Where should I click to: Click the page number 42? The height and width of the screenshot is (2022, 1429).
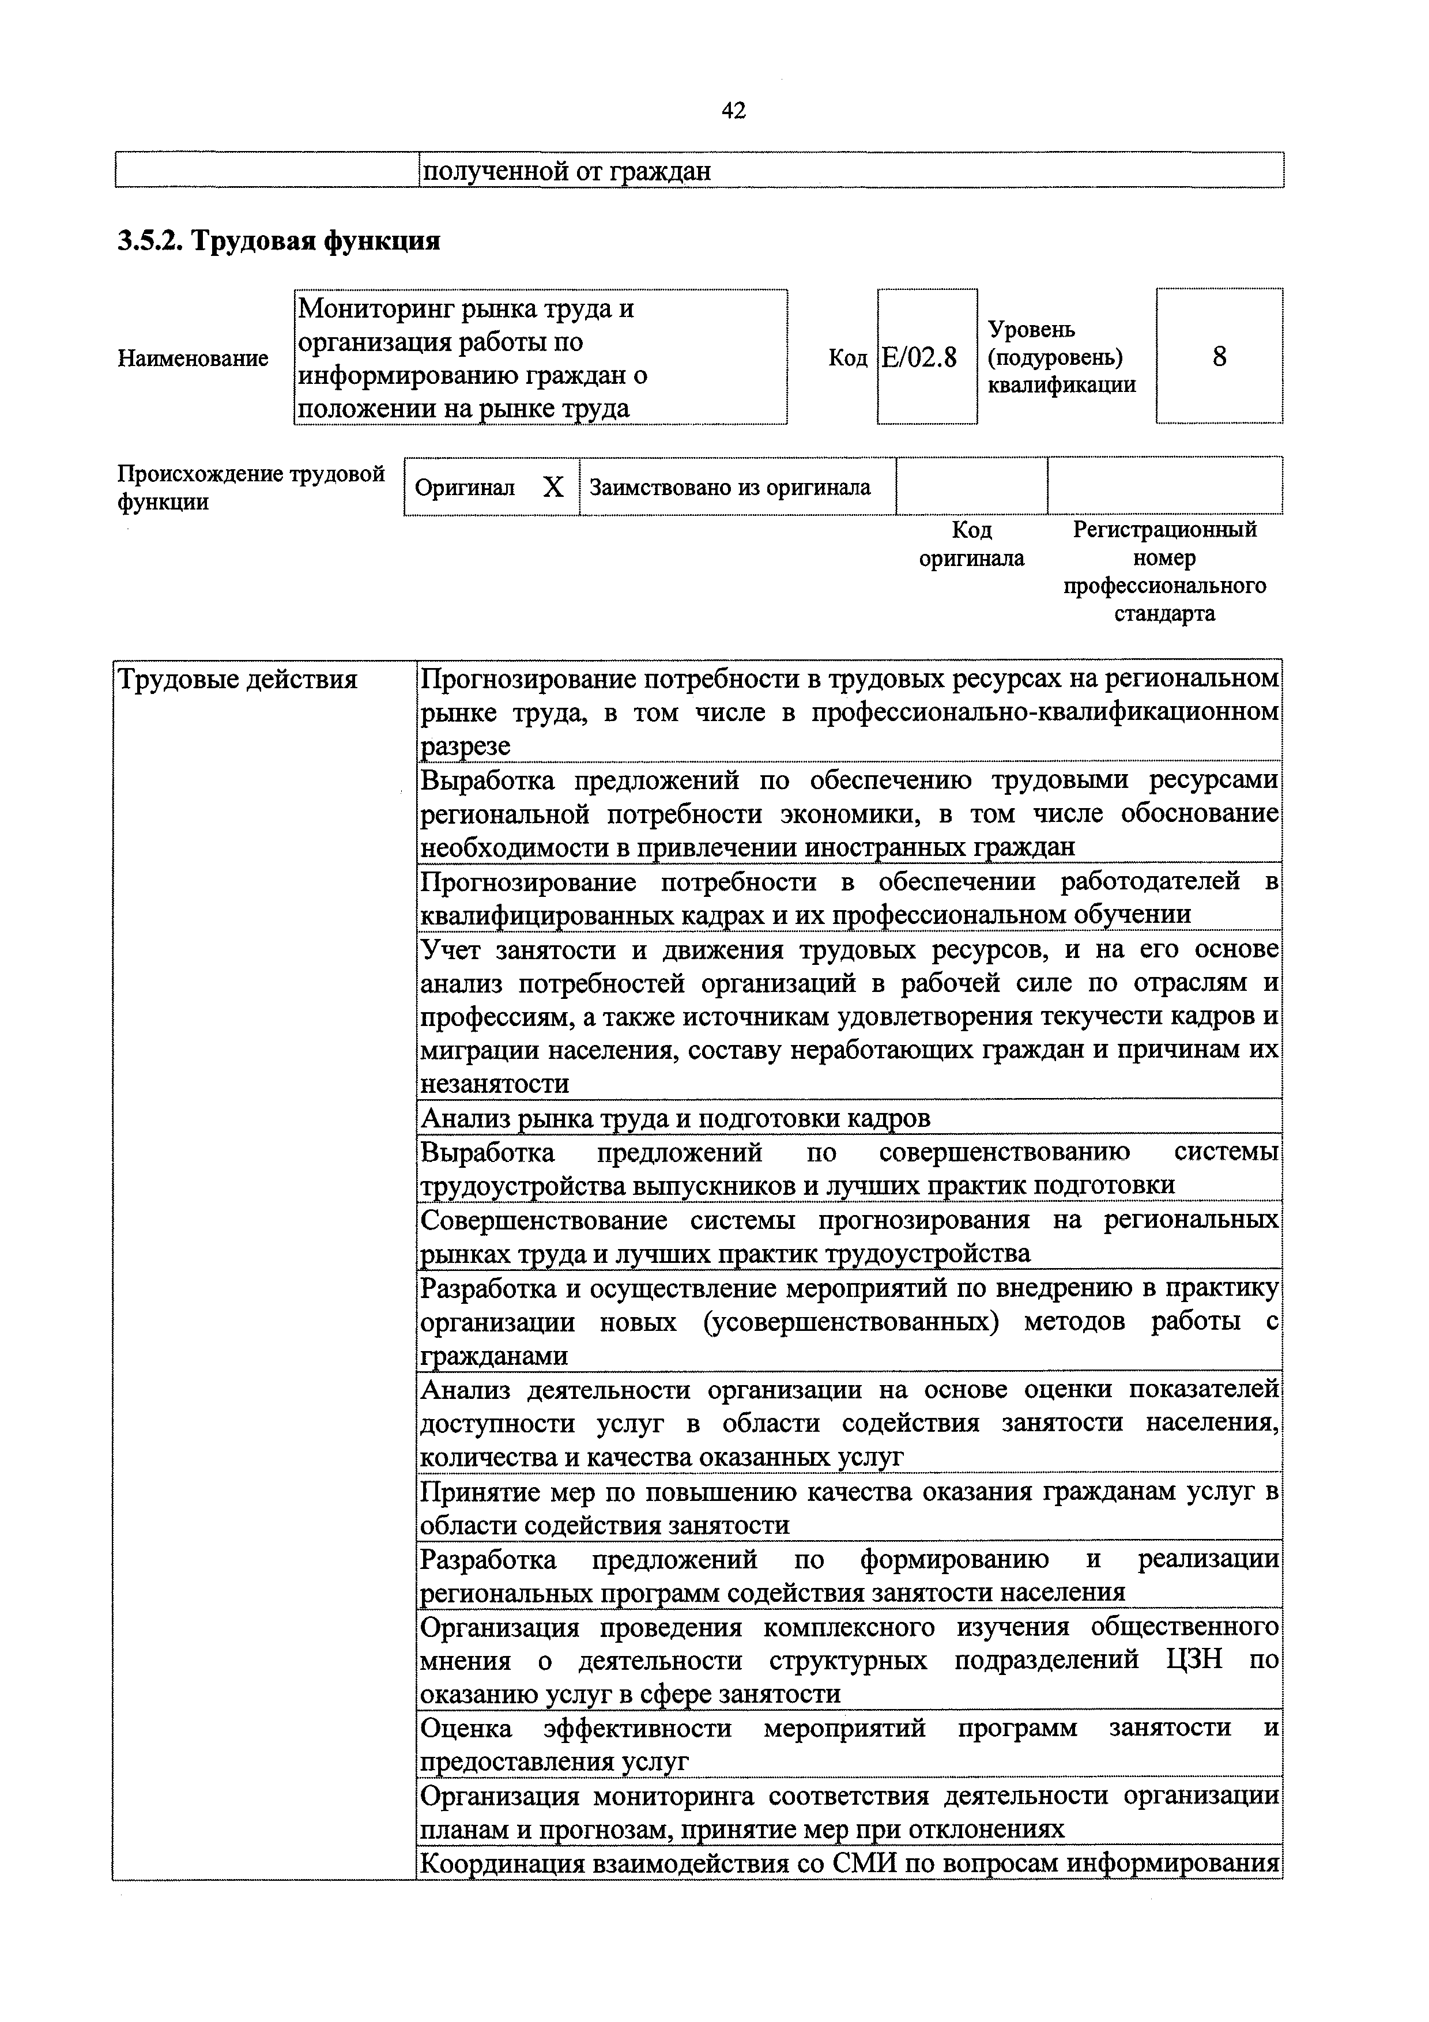click(733, 110)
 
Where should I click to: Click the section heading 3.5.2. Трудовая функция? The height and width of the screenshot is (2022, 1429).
click(279, 240)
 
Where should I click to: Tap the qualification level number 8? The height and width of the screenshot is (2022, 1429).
click(1219, 357)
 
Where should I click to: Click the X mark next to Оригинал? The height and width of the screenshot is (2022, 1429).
click(553, 487)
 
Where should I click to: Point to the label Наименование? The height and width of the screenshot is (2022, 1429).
click(193, 359)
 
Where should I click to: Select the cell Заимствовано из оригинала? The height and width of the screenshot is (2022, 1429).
click(729, 487)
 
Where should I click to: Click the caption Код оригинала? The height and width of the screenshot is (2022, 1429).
click(971, 544)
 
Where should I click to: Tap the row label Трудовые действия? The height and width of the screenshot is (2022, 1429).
click(237, 680)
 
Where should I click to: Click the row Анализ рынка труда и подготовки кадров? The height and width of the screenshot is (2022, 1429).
click(676, 1118)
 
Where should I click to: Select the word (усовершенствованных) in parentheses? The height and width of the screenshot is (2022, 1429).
click(850, 1322)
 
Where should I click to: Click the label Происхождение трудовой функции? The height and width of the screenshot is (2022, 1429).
click(251, 487)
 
